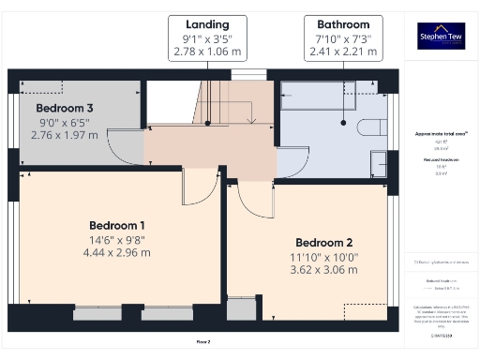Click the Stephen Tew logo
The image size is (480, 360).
(x=441, y=36)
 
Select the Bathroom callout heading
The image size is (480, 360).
(x=343, y=23)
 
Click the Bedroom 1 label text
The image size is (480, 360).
(x=117, y=225)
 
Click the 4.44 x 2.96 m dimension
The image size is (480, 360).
(x=117, y=252)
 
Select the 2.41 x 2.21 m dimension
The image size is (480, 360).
(x=343, y=52)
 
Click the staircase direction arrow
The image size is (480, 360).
(x=251, y=119)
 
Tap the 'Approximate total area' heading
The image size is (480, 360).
(x=441, y=134)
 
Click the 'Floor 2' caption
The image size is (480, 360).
(x=203, y=341)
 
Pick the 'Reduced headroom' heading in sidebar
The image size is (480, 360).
(x=441, y=160)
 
